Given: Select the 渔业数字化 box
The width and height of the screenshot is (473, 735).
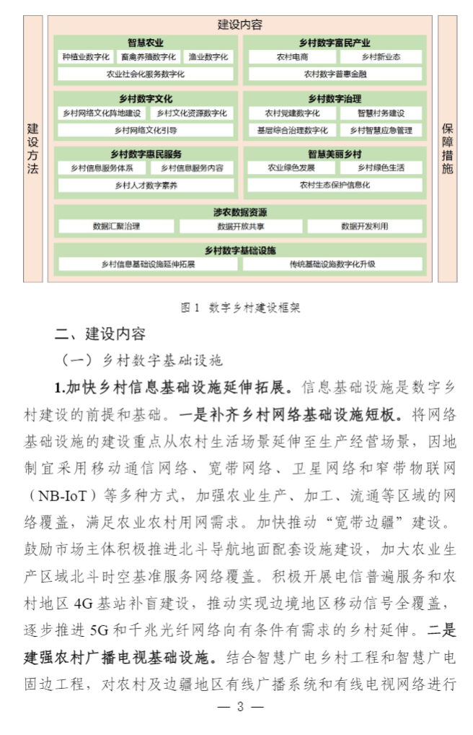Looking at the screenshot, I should click(x=208, y=56).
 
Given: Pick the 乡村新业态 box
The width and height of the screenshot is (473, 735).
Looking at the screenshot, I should click(x=381, y=56).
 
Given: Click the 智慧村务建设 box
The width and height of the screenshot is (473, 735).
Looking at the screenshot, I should click(x=381, y=113).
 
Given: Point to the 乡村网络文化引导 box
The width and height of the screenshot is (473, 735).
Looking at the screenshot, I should click(x=146, y=130).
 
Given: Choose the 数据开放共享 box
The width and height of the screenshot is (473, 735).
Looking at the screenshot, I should click(x=240, y=226).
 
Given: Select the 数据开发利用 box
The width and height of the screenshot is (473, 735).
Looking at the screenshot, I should click(x=364, y=226).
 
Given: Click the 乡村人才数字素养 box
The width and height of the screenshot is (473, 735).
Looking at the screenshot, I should click(x=146, y=186).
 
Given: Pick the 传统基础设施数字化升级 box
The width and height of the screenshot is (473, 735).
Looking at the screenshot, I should click(x=332, y=264).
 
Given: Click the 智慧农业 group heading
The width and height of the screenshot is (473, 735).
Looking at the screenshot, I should click(x=146, y=43).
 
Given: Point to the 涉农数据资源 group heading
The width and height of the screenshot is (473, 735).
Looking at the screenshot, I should click(x=240, y=212).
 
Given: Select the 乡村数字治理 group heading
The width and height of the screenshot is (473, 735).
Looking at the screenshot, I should click(x=335, y=99).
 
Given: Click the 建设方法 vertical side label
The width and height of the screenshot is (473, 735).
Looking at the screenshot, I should click(x=33, y=149).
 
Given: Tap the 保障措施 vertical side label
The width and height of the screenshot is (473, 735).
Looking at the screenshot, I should click(x=448, y=149).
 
